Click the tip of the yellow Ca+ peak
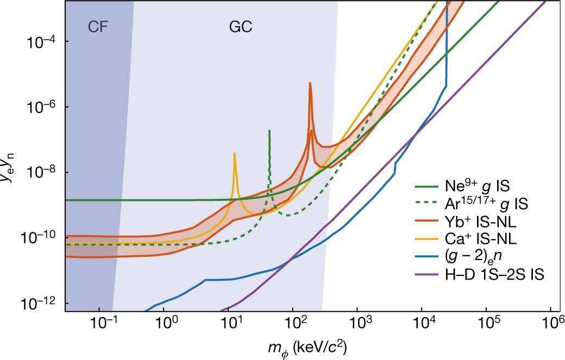234,153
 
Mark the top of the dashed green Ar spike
269,131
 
